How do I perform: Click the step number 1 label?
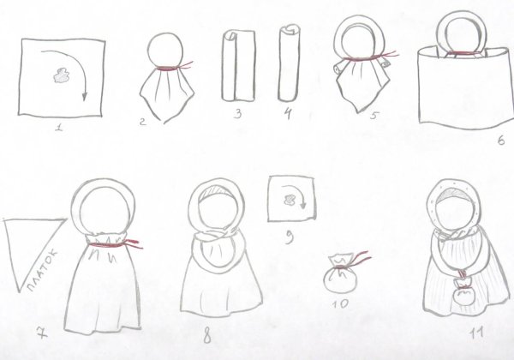(57, 130)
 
